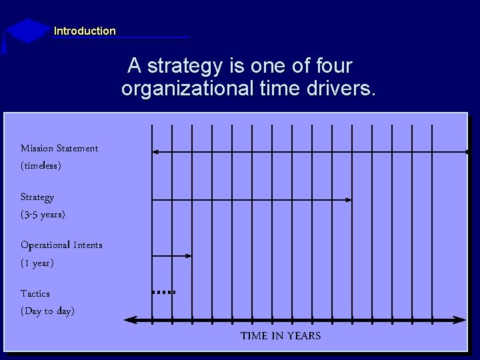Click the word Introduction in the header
point(85,31)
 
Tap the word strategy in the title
point(185,66)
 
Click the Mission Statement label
point(59,148)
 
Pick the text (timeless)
point(41,165)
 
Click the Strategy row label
point(37,197)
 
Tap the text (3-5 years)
point(43,215)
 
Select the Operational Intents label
point(61,245)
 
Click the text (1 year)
point(37,263)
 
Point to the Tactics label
point(35,293)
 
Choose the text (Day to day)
point(47,311)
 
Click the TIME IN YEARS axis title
point(281,336)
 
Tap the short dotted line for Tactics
point(163,292)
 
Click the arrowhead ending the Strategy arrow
point(349,199)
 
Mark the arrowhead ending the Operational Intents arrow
point(189,255)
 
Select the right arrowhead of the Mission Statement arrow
point(467,152)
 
